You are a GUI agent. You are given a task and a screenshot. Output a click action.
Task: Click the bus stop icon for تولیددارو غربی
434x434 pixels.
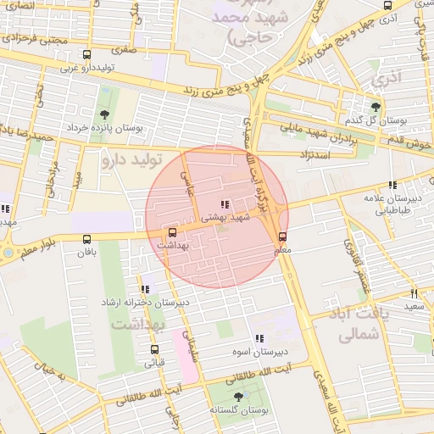click(63, 55)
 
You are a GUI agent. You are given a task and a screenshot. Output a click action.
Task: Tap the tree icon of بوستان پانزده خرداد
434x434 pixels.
click(103, 114)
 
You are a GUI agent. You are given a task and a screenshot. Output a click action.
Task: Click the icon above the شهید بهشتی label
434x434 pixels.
click(224, 204)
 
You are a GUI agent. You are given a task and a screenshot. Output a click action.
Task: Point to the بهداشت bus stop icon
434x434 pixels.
click(173, 232)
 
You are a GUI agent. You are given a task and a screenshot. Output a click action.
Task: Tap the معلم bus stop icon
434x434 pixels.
click(282, 237)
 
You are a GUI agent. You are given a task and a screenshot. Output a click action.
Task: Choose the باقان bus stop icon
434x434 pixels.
click(87, 239)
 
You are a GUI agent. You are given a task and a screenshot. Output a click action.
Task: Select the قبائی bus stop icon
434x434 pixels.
click(154, 349)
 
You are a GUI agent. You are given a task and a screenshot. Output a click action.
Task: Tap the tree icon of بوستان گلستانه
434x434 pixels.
click(236, 395)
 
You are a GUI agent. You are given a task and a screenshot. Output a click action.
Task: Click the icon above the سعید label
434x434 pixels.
click(414, 292)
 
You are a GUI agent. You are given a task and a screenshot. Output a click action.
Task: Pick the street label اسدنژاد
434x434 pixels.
click(313, 156)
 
